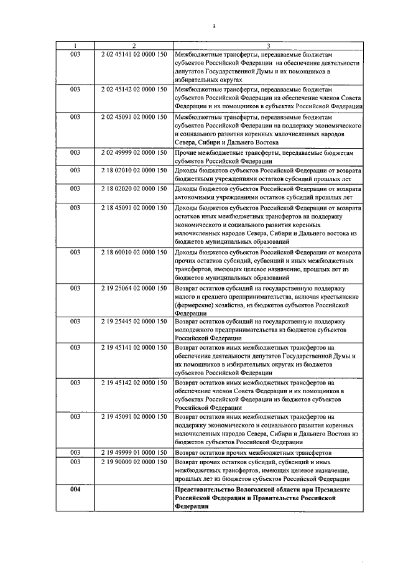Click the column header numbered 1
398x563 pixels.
click(75, 45)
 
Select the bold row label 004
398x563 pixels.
click(75, 490)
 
